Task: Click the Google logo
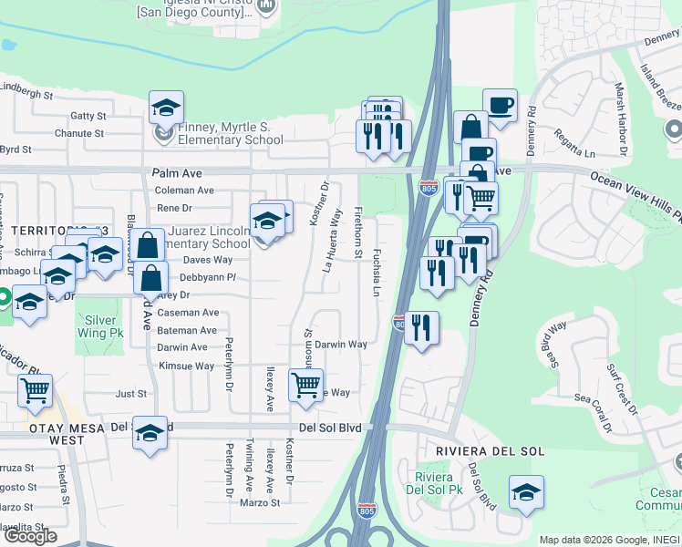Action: tap(30, 535)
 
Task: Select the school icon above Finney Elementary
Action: tap(166, 108)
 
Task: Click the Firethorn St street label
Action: tap(357, 233)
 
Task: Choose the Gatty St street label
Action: tap(88, 117)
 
